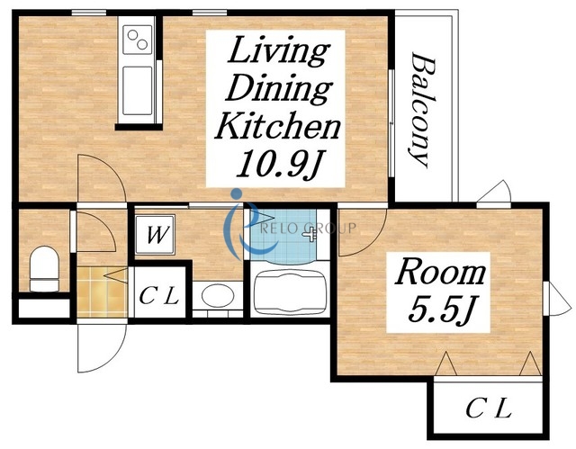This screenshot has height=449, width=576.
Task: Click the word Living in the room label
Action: click(x=278, y=51)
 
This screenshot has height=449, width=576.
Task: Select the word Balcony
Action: click(x=422, y=110)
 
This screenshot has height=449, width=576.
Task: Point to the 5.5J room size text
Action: click(x=439, y=310)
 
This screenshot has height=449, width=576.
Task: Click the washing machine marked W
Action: click(x=155, y=235)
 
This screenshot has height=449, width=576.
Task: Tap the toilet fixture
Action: click(x=44, y=269)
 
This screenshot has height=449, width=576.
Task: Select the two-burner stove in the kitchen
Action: click(x=138, y=40)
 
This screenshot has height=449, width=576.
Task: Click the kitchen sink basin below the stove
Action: click(x=138, y=90)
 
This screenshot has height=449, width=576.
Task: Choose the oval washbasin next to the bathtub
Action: click(x=218, y=295)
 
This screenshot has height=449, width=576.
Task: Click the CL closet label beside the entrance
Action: click(x=159, y=295)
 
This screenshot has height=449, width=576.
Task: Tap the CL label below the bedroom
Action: click(x=489, y=409)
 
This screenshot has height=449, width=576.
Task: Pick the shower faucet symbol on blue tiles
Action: click(x=310, y=233)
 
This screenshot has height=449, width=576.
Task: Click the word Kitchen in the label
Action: click(x=277, y=125)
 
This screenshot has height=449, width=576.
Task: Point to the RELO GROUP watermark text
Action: click(x=308, y=229)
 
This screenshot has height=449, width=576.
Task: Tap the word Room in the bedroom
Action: click(x=440, y=272)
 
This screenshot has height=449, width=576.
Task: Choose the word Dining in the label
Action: click(x=279, y=89)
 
